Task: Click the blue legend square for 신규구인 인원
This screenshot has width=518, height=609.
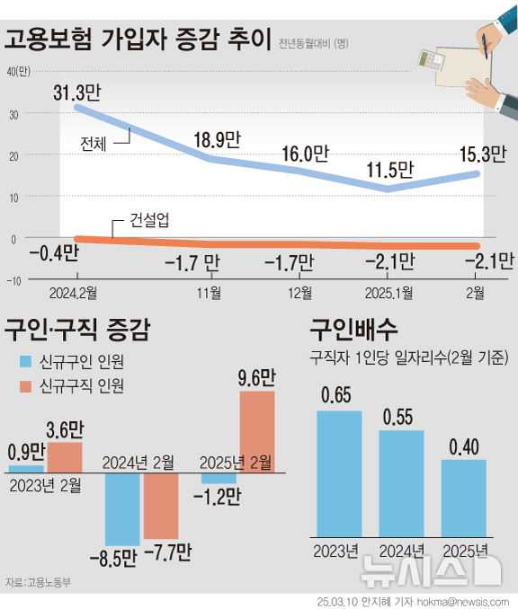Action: (24, 362)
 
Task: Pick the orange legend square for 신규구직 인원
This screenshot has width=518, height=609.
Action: (24, 386)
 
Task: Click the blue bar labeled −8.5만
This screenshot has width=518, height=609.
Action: (123, 507)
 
